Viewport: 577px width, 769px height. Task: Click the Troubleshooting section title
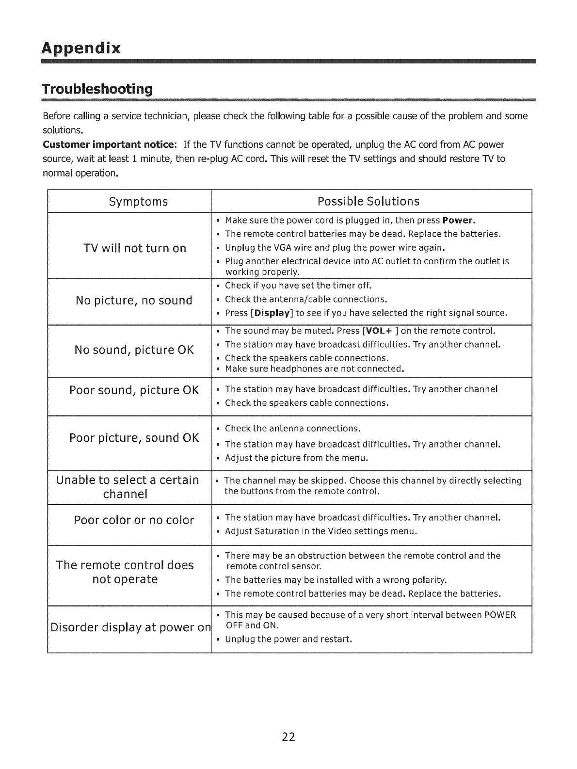point(97,90)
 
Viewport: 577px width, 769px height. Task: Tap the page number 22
point(288,737)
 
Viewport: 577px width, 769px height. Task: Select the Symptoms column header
point(138,201)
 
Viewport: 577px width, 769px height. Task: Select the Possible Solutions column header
point(368,201)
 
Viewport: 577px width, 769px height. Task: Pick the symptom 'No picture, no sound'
point(134,301)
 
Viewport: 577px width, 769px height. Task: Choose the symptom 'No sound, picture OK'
point(134,350)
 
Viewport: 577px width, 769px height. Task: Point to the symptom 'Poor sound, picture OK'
point(134,390)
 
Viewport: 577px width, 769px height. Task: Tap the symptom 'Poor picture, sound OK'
point(134,438)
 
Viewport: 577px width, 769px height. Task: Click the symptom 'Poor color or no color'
point(134,520)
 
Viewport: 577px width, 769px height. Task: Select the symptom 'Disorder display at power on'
point(130,627)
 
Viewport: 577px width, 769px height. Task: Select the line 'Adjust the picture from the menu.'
point(296,458)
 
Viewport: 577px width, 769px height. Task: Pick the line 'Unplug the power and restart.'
point(288,639)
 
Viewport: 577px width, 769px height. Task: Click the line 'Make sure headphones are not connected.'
point(315,369)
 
